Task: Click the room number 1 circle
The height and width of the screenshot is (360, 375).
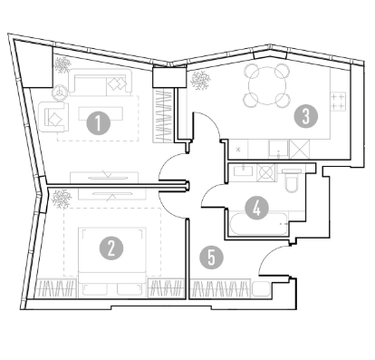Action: click(x=98, y=122)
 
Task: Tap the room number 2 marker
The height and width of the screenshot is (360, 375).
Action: click(x=111, y=248)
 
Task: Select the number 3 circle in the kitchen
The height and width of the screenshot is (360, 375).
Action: click(x=306, y=116)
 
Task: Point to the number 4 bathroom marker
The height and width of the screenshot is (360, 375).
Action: click(x=256, y=209)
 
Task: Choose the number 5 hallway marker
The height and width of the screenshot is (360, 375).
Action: click(x=212, y=258)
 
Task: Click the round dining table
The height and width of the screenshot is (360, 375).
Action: click(x=267, y=85)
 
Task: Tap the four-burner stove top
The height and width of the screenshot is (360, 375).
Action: click(x=338, y=102)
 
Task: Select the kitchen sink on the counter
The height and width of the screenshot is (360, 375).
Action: click(x=278, y=150)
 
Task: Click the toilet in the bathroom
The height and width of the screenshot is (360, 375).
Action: click(x=292, y=180)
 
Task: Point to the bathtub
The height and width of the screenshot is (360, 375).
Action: click(x=258, y=224)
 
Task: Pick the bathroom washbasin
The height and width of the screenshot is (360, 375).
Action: click(x=243, y=172)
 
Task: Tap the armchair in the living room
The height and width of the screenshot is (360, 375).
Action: click(x=53, y=117)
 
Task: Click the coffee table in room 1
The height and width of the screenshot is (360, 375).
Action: click(x=101, y=113)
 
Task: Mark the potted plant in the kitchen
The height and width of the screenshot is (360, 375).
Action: click(x=200, y=80)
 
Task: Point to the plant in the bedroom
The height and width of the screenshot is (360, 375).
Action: click(x=62, y=199)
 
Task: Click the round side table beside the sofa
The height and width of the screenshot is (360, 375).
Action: click(x=60, y=92)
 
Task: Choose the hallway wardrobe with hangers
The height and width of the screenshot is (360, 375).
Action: click(x=221, y=288)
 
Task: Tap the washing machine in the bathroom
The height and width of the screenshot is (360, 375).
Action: click(x=266, y=172)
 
